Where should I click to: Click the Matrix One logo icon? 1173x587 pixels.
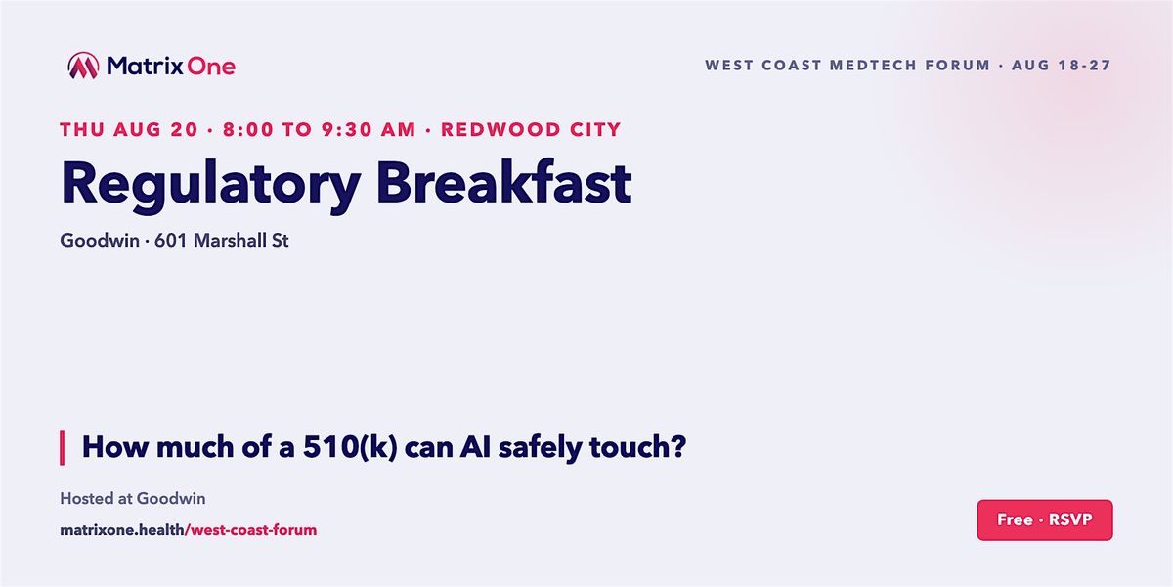[x=83, y=66]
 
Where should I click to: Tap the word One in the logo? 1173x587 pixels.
[x=211, y=67]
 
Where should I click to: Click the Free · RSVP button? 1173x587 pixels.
[x=1045, y=519]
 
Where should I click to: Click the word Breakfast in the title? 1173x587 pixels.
[x=503, y=182]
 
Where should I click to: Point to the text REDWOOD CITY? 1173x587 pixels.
[x=531, y=129]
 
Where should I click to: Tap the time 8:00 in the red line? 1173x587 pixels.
[x=248, y=129]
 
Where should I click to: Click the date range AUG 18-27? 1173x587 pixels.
[x=1061, y=65]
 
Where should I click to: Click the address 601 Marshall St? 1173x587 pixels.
[x=222, y=241]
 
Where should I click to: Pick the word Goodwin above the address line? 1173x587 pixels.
[x=100, y=241]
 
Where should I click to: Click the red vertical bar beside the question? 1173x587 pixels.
[x=63, y=448]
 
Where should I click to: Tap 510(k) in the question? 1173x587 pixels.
[x=350, y=448]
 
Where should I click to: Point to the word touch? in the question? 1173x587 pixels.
[x=637, y=446]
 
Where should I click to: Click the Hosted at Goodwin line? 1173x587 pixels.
[x=133, y=498]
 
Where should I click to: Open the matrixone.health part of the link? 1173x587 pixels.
[x=122, y=530]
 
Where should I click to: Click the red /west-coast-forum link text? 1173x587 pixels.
[x=251, y=530]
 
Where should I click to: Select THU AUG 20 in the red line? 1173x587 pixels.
[x=129, y=129]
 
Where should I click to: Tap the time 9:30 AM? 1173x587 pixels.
[x=369, y=129]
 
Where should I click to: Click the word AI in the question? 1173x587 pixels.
[x=475, y=447]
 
